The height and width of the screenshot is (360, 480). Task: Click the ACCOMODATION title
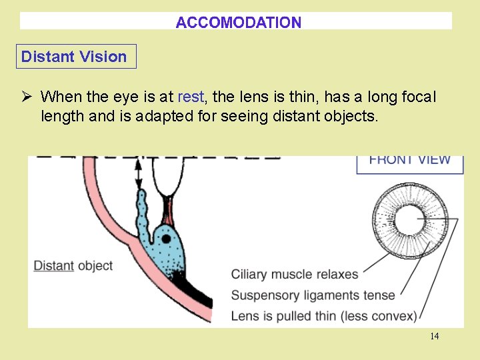[x=238, y=23]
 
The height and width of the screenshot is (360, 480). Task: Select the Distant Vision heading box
[x=75, y=57]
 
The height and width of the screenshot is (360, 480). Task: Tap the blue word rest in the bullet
[x=191, y=97]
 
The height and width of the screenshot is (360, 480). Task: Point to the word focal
[x=418, y=97]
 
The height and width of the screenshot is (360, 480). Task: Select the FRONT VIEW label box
[x=409, y=161]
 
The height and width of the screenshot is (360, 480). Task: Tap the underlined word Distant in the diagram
[x=54, y=265]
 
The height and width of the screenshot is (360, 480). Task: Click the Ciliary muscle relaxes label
[x=295, y=274]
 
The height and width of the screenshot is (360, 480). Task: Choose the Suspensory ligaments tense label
[x=313, y=295]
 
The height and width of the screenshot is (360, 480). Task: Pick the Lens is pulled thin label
[x=323, y=315]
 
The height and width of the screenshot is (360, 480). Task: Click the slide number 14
[x=434, y=336]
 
